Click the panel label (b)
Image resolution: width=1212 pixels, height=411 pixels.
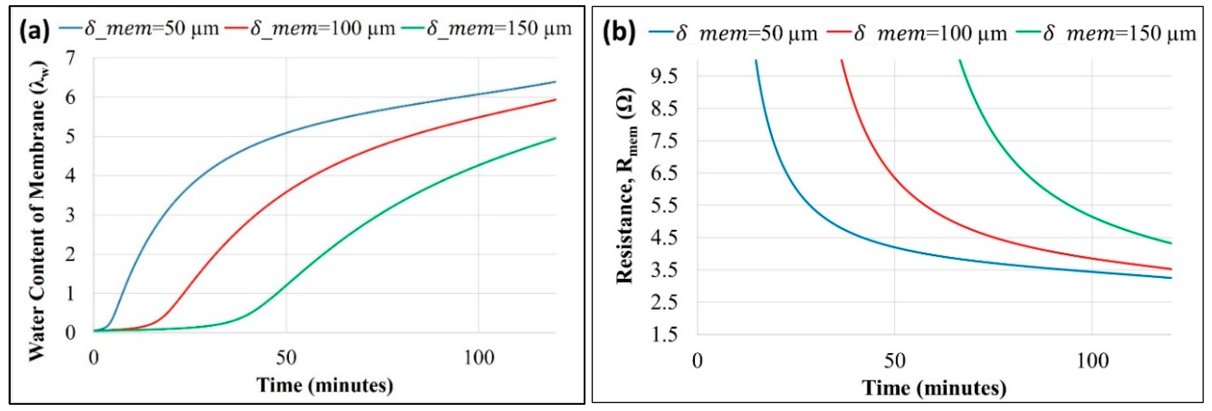click(x=619, y=33)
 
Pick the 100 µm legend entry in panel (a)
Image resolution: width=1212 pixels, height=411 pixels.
click(x=311, y=29)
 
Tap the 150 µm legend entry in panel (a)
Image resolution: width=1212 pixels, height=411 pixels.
click(x=487, y=29)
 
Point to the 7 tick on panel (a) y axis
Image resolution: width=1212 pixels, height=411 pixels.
click(x=71, y=59)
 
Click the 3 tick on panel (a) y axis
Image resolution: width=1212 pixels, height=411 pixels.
click(x=71, y=215)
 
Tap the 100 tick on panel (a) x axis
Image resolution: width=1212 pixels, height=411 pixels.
click(x=479, y=358)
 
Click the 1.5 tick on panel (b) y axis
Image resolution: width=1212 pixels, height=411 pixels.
click(x=664, y=334)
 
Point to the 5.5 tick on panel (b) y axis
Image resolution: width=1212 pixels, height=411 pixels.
click(x=664, y=205)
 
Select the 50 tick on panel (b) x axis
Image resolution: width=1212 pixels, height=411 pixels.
click(x=894, y=361)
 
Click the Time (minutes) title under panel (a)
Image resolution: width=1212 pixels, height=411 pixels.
click(x=325, y=385)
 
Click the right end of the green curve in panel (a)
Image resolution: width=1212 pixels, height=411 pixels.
click(x=555, y=138)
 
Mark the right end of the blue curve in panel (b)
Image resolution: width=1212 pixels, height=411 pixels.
click(x=1171, y=278)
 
